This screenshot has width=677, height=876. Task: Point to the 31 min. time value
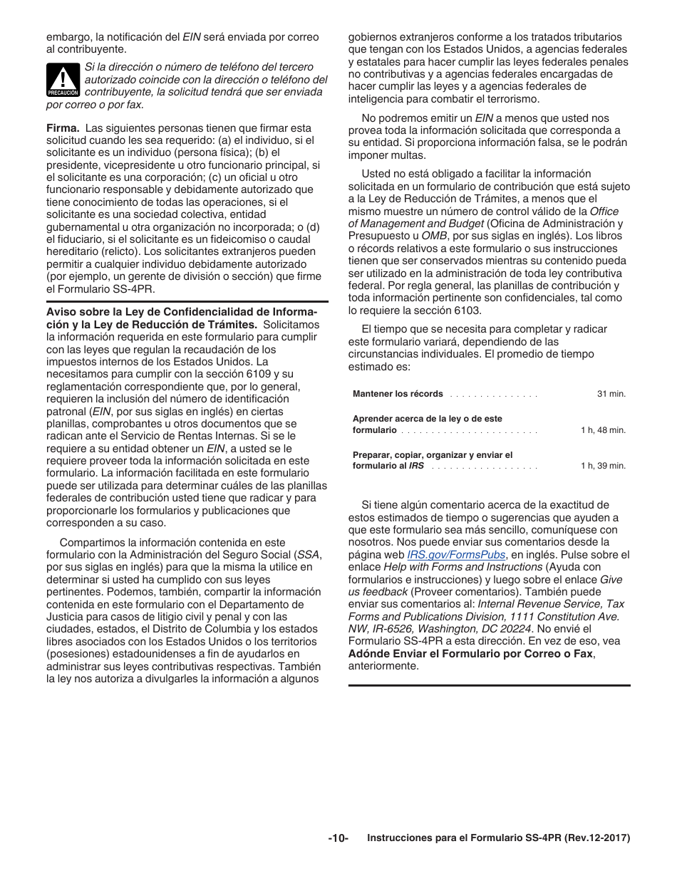click(611, 394)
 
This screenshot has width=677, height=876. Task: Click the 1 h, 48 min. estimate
click(603, 430)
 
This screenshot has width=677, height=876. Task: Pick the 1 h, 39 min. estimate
click(603, 466)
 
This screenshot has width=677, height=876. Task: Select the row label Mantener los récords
click(398, 394)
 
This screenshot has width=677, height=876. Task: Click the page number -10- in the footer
click(338, 838)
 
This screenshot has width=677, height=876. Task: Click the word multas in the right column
click(410, 155)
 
